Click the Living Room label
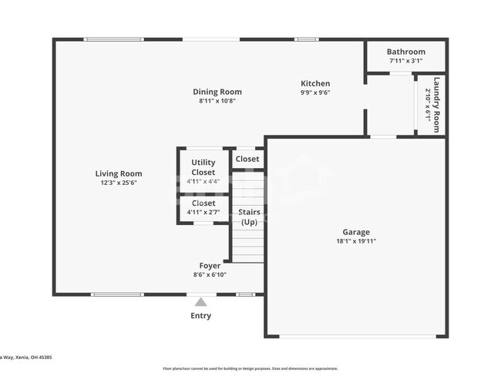pos(119,174)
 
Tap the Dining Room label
pos(217,92)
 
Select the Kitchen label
pos(315,84)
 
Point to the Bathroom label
pos(405,52)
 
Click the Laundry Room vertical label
pos(436,105)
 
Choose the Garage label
pos(356,232)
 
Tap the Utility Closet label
pos(203,167)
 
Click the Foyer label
pos(210,265)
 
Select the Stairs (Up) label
pos(249,217)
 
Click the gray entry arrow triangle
pos(200,301)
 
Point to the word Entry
pos(200,315)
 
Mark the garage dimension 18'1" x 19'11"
pos(356,241)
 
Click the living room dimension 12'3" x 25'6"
pos(119,183)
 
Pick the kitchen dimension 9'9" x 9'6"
pos(315,93)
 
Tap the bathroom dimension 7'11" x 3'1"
pos(405,61)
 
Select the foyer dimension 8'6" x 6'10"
pos(210,274)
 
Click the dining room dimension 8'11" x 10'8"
pos(217,101)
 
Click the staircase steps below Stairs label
pos(248,247)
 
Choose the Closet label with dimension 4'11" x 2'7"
pos(203,203)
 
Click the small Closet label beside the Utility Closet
pos(247,159)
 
